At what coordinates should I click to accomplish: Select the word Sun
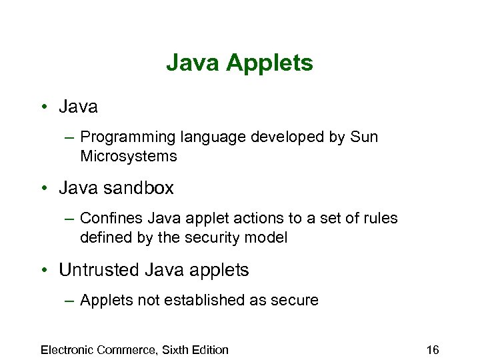click(x=363, y=137)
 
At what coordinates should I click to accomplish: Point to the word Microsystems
click(x=128, y=157)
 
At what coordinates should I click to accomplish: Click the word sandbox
click(x=138, y=188)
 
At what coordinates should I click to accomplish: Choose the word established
click(x=201, y=300)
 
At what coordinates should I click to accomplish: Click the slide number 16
click(x=432, y=350)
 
